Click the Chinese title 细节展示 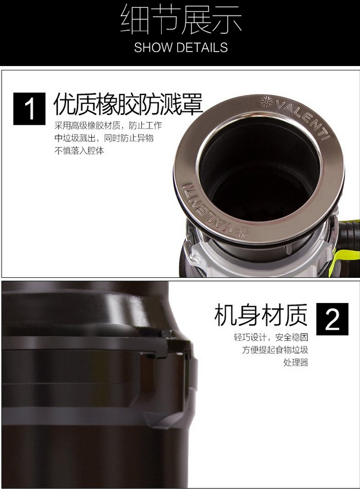181,19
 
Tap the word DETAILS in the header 202,47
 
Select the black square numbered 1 30,109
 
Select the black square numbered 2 332,319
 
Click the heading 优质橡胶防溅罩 128,104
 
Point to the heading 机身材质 261,315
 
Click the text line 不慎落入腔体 79,150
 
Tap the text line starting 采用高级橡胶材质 108,125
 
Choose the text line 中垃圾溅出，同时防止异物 104,138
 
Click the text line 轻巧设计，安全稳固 271,337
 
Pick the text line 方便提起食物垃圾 275,350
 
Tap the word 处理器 296,362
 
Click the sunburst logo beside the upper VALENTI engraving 266,102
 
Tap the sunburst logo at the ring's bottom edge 243,232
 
